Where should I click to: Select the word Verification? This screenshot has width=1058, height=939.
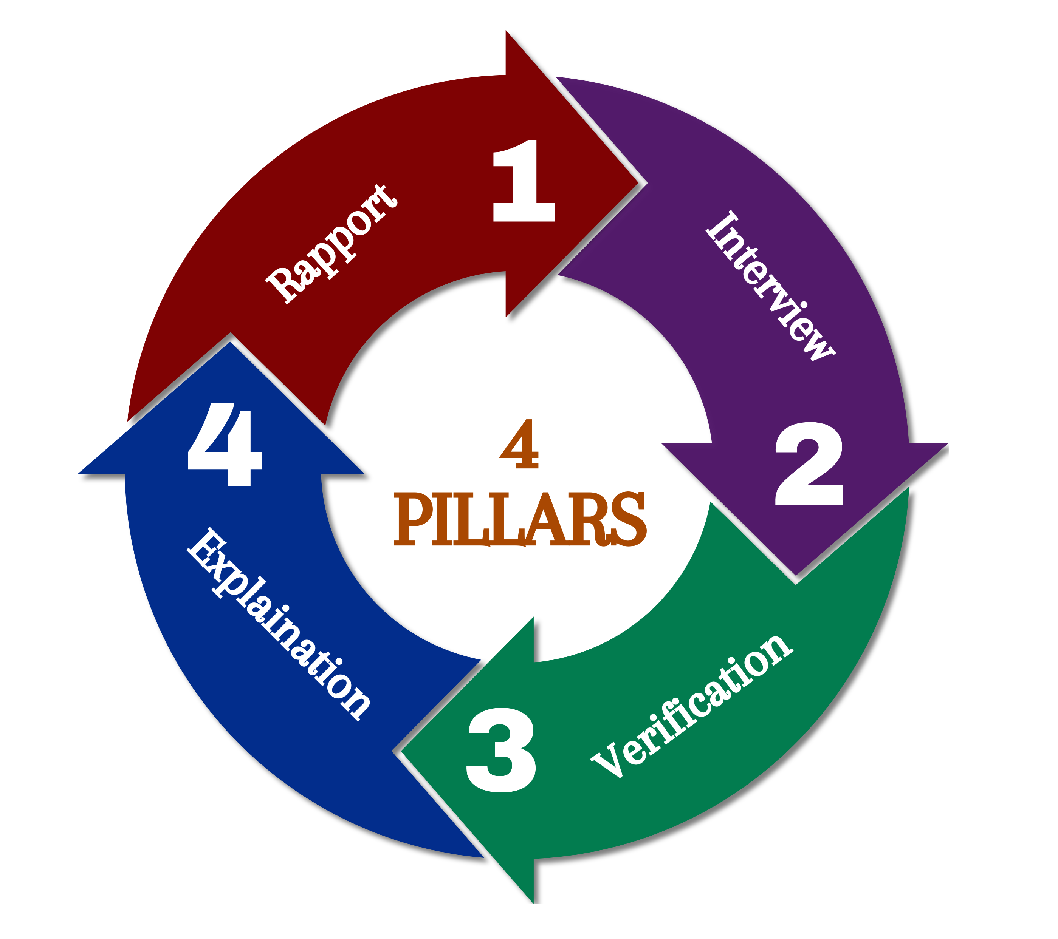coord(691,707)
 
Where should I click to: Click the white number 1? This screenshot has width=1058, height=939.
coord(524,181)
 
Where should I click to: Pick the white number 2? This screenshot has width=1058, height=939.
coord(809,464)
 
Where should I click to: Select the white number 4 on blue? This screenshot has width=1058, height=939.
coord(225,445)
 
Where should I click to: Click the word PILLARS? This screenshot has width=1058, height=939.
coord(520,519)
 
